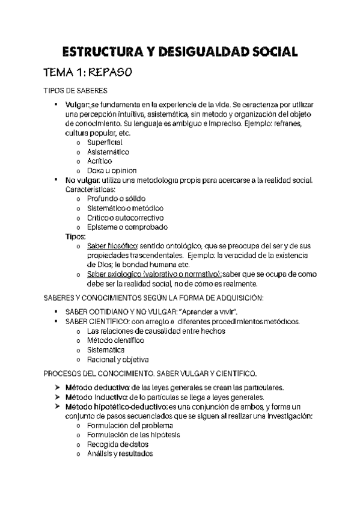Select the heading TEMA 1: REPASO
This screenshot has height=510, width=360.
87,73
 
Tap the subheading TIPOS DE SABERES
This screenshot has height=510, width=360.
76,91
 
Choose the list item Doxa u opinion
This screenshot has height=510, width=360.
112,170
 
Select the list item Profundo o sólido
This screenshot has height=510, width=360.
116,198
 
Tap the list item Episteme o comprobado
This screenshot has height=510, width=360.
127,227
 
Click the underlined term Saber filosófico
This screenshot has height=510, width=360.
112,246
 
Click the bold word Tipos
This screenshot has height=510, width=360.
76,236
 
